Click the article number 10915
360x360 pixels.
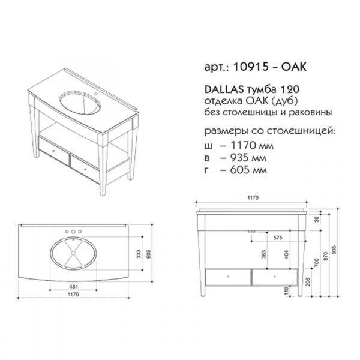pyautogui.click(x=251, y=67)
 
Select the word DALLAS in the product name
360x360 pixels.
pyautogui.click(x=224, y=90)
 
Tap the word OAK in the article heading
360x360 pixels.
pyautogui.click(x=294, y=67)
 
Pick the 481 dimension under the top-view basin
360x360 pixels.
pyautogui.click(x=73, y=287)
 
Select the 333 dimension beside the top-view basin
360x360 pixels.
pyautogui.click(x=139, y=254)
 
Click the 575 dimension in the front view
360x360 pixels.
pyautogui.click(x=278, y=238)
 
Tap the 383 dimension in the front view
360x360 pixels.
pyautogui.click(x=264, y=254)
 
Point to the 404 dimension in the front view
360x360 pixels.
pyautogui.click(x=286, y=254)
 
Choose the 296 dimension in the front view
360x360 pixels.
pyautogui.click(x=308, y=282)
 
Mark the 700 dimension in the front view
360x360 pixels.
pyautogui.click(x=317, y=262)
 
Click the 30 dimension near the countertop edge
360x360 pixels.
pyautogui.click(x=317, y=220)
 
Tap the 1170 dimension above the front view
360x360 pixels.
pyautogui.click(x=253, y=197)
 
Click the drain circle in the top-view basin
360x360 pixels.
pyautogui.click(x=73, y=253)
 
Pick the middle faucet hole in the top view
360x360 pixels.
pyautogui.click(x=73, y=232)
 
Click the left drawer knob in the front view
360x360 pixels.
pyautogui.click(x=228, y=277)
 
